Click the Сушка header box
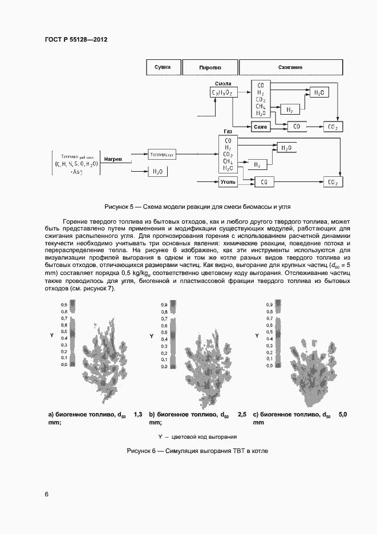[163, 67]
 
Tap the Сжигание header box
[291, 67]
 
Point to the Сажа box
[261, 126]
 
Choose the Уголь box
[228, 181]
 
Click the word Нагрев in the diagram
[112, 159]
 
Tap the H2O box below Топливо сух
[156, 171]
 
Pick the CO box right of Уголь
[263, 181]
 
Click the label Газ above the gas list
[228, 131]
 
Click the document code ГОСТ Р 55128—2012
[76, 40]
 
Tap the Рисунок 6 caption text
[197, 451]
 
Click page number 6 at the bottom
[47, 494]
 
